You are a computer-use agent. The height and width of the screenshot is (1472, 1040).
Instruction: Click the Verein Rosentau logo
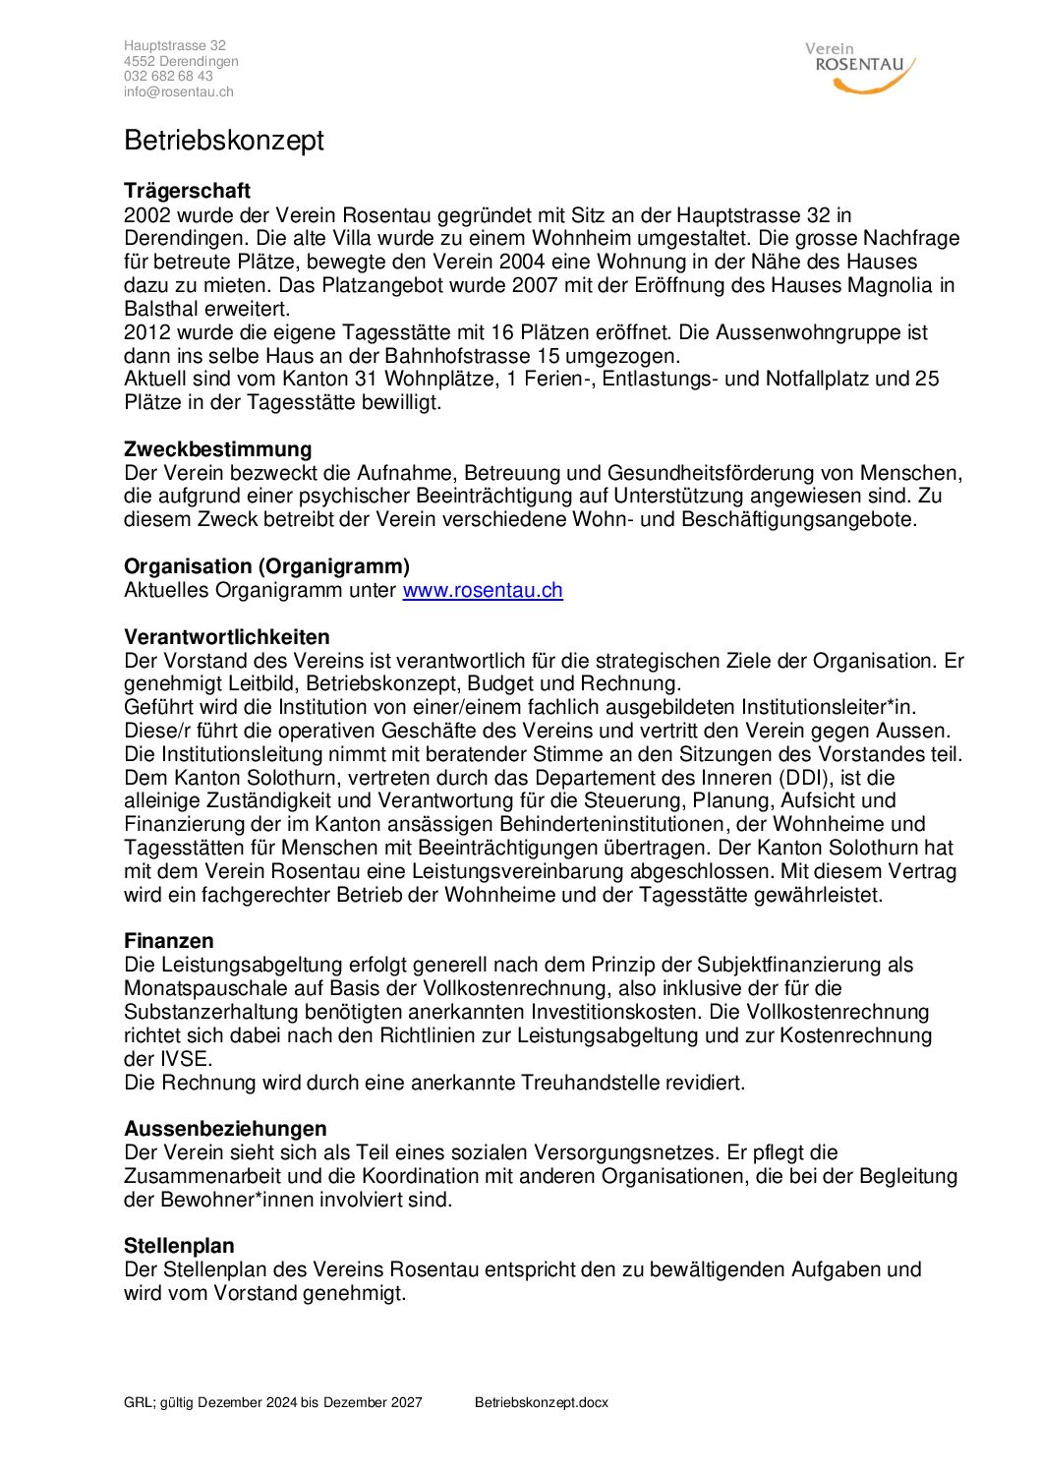pos(860,67)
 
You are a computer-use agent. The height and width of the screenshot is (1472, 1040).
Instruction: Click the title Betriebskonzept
pos(224,141)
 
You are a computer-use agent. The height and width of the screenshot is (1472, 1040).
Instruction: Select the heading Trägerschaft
pos(187,191)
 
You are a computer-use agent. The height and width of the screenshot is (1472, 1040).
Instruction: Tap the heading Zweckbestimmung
pos(217,449)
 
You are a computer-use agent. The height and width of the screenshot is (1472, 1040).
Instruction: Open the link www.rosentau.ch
pos(483,590)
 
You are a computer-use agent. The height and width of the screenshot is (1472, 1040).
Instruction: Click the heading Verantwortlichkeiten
pos(226,637)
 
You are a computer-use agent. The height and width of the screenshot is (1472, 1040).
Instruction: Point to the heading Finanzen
pos(168,941)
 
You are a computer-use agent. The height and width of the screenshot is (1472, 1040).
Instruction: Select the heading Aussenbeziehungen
pos(225,1129)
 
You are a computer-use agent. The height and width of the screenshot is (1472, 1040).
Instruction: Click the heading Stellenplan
pos(179,1246)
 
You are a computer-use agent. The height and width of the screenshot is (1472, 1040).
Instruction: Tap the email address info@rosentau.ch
pos(178,92)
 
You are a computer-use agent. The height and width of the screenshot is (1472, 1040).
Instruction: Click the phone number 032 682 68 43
pos(168,77)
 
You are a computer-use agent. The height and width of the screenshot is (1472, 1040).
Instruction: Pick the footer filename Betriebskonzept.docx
pos(541,1402)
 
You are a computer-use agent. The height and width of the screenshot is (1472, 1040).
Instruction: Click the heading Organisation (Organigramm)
pos(266,566)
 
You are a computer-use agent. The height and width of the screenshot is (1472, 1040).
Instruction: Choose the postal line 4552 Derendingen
pos(181,61)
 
